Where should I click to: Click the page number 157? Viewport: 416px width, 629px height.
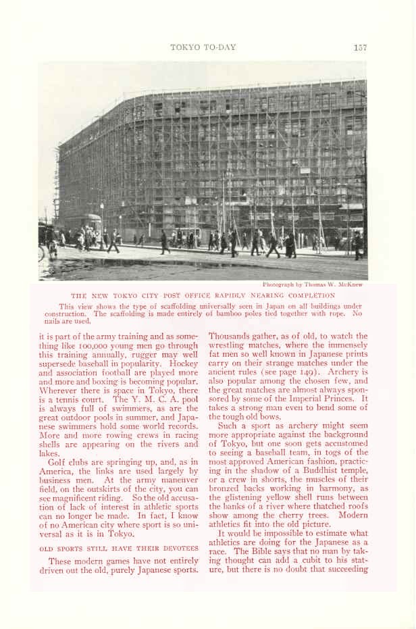[359, 47]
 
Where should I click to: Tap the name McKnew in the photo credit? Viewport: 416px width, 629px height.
[352, 284]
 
